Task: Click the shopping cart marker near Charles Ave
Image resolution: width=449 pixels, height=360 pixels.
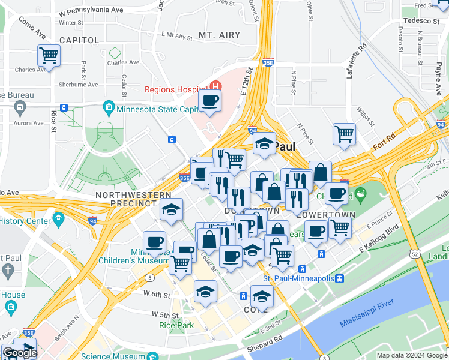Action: click(x=49, y=56)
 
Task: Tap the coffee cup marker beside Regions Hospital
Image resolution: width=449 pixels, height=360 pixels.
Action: click(x=209, y=101)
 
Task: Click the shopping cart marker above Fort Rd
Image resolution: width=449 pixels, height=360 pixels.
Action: click(x=344, y=134)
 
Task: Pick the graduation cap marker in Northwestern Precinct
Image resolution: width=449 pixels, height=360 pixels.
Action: click(x=171, y=210)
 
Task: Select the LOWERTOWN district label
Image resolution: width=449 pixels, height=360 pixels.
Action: click(x=326, y=214)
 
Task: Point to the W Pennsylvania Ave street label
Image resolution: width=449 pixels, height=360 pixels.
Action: click(x=91, y=11)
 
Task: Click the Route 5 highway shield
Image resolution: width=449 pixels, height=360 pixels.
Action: click(x=148, y=277)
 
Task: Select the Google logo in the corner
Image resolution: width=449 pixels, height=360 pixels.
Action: click(x=20, y=353)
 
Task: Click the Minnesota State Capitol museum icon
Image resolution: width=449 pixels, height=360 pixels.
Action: click(x=109, y=109)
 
